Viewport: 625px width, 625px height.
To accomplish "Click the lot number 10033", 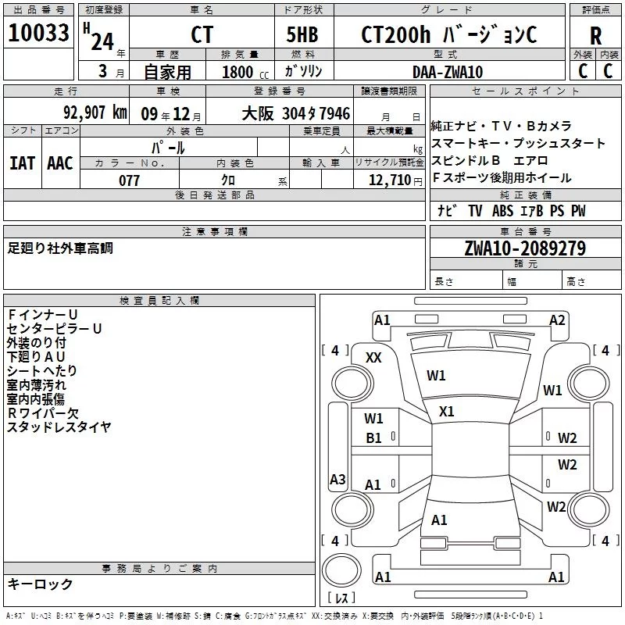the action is [38, 33].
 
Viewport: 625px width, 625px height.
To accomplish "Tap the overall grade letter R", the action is [595, 36].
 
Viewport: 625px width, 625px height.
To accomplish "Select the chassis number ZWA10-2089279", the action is [525, 248].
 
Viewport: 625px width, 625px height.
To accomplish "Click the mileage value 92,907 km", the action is [95, 112].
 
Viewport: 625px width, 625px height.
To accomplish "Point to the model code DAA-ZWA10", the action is [448, 72].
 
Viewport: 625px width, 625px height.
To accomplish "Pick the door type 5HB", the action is [302, 34].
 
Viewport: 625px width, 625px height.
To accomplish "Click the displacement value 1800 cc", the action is [245, 72].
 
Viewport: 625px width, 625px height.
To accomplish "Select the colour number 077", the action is [129, 180].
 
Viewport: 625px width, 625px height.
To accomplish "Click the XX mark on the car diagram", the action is [373, 358].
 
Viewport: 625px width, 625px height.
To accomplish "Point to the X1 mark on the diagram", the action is [446, 412].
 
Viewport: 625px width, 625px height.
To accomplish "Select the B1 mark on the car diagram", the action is [373, 438].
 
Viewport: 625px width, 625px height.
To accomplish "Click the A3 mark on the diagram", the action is [337, 479].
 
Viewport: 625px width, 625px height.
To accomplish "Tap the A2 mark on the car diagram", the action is [557, 320].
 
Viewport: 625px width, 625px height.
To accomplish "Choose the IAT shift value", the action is [23, 163].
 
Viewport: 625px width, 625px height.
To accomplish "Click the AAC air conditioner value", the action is [60, 163].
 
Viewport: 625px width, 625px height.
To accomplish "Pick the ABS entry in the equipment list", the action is [502, 211].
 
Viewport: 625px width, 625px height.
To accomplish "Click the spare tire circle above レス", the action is [341, 570].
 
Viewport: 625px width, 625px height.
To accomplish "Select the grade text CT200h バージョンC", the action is [449, 34].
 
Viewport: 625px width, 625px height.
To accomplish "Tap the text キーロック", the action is [40, 584].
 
